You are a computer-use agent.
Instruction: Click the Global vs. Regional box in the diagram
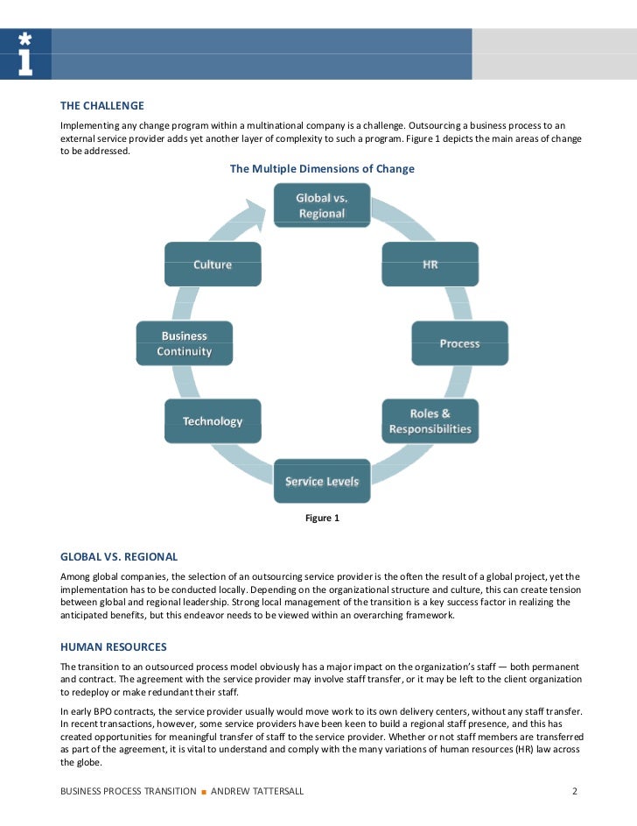[x=321, y=206]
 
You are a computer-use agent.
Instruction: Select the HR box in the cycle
[x=430, y=264]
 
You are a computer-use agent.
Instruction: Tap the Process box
[x=459, y=343]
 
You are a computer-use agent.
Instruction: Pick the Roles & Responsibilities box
[x=430, y=421]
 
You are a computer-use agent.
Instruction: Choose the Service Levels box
[x=322, y=481]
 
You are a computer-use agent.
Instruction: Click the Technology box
[x=213, y=421]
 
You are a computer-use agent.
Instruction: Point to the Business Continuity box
[x=184, y=343]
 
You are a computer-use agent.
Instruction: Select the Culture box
[x=213, y=264]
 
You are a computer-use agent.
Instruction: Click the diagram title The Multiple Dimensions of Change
[x=322, y=168]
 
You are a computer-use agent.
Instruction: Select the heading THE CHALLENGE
[x=101, y=106]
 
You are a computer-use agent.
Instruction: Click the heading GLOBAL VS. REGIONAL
[x=119, y=556]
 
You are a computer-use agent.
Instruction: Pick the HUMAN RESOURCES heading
[x=113, y=647]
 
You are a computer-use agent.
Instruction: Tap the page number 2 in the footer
[x=575, y=791]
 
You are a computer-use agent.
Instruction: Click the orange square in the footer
[x=203, y=792]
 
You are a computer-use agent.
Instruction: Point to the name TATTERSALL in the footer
[x=275, y=791]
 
